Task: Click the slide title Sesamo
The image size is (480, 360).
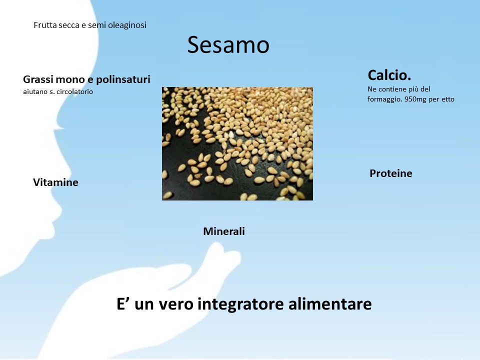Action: pyautogui.click(x=228, y=44)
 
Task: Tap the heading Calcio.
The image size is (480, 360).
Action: pyautogui.click(x=389, y=75)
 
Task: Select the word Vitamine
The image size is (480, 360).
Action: pyautogui.click(x=55, y=182)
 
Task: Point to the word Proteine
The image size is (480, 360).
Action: pyautogui.click(x=391, y=173)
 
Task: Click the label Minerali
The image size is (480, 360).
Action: pyautogui.click(x=224, y=231)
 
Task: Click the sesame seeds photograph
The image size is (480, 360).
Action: pyautogui.click(x=237, y=143)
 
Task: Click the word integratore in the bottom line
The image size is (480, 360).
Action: pyautogui.click(x=240, y=304)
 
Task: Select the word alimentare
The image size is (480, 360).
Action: pyautogui.click(x=330, y=303)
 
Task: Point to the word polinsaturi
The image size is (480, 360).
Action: pyautogui.click(x=123, y=79)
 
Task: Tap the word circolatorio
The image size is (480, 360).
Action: pyautogui.click(x=74, y=91)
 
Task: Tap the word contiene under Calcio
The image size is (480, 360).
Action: pyautogui.click(x=389, y=89)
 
